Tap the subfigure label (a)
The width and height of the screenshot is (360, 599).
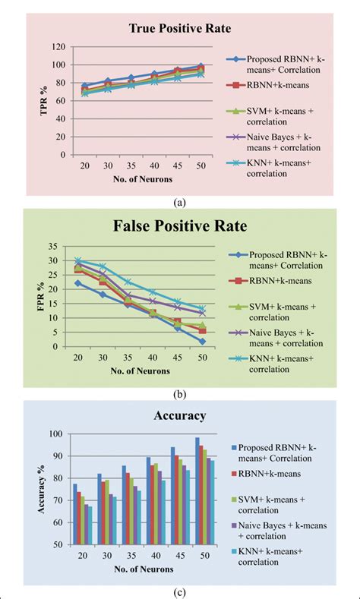click(x=179, y=201)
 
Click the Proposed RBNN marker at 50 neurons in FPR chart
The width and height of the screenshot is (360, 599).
click(x=203, y=342)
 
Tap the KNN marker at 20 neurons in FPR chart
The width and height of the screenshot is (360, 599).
click(x=78, y=260)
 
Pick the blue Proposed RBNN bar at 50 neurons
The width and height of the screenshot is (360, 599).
click(x=197, y=491)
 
